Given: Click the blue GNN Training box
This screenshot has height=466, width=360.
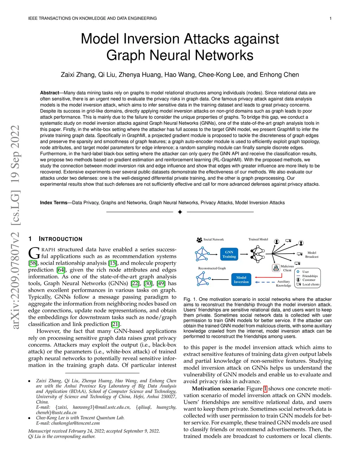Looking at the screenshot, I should (229, 254).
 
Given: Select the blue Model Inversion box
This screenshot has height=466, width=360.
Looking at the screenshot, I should (241, 280).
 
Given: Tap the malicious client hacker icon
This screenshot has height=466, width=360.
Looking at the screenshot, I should (276, 268).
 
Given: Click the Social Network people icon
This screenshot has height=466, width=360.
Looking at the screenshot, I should (199, 240).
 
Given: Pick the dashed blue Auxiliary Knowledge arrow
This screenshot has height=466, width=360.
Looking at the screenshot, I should (264, 282).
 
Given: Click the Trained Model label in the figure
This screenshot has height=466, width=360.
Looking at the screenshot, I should (258, 240).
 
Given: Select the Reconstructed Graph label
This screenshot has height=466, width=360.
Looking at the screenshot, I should (212, 268).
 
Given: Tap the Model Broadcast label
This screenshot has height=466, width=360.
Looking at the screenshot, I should (312, 255).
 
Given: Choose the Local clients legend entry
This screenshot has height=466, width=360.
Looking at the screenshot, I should (311, 285).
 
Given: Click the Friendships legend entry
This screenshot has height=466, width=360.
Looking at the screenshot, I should (310, 276).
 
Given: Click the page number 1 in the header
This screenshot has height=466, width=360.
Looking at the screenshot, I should (330, 18).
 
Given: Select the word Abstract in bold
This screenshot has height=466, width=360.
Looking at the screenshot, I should (50, 93).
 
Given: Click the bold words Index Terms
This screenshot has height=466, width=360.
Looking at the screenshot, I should (53, 203).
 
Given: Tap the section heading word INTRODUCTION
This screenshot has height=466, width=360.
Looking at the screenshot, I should (60, 239).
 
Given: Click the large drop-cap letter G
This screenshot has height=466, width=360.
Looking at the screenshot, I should (34, 253).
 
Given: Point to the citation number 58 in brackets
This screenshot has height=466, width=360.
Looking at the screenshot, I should (33, 263).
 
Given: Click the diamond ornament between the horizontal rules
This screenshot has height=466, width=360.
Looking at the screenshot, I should (180, 212).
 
